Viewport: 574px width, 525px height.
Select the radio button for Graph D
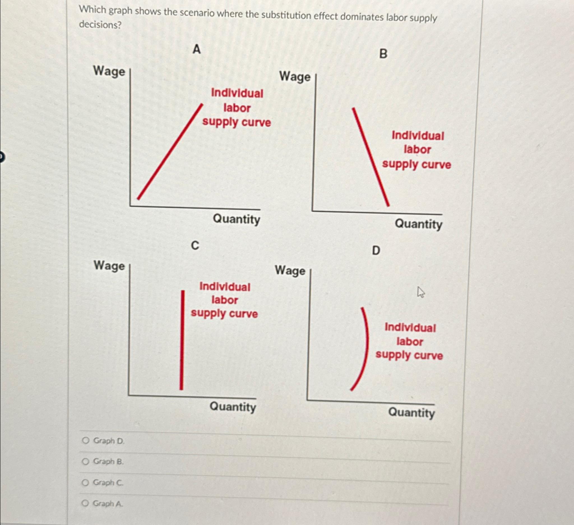point(85,441)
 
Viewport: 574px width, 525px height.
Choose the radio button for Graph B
point(85,461)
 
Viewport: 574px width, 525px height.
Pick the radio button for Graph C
point(85,482)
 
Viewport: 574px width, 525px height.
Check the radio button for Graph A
point(85,503)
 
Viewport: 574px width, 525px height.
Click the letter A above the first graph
point(196,50)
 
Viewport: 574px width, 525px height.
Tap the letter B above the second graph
point(383,54)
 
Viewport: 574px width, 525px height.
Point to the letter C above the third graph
point(195,246)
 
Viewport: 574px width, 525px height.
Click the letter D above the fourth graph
point(376,251)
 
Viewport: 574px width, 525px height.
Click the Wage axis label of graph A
point(109,71)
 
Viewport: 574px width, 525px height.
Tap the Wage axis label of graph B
point(295,77)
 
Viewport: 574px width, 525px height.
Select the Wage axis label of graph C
point(109,266)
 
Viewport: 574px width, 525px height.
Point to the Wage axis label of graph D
point(290,270)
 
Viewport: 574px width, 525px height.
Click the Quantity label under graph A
point(236,219)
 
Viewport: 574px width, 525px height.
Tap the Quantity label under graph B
point(418,224)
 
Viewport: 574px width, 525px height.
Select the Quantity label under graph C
point(233,407)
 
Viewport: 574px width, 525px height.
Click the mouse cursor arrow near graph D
point(420,292)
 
